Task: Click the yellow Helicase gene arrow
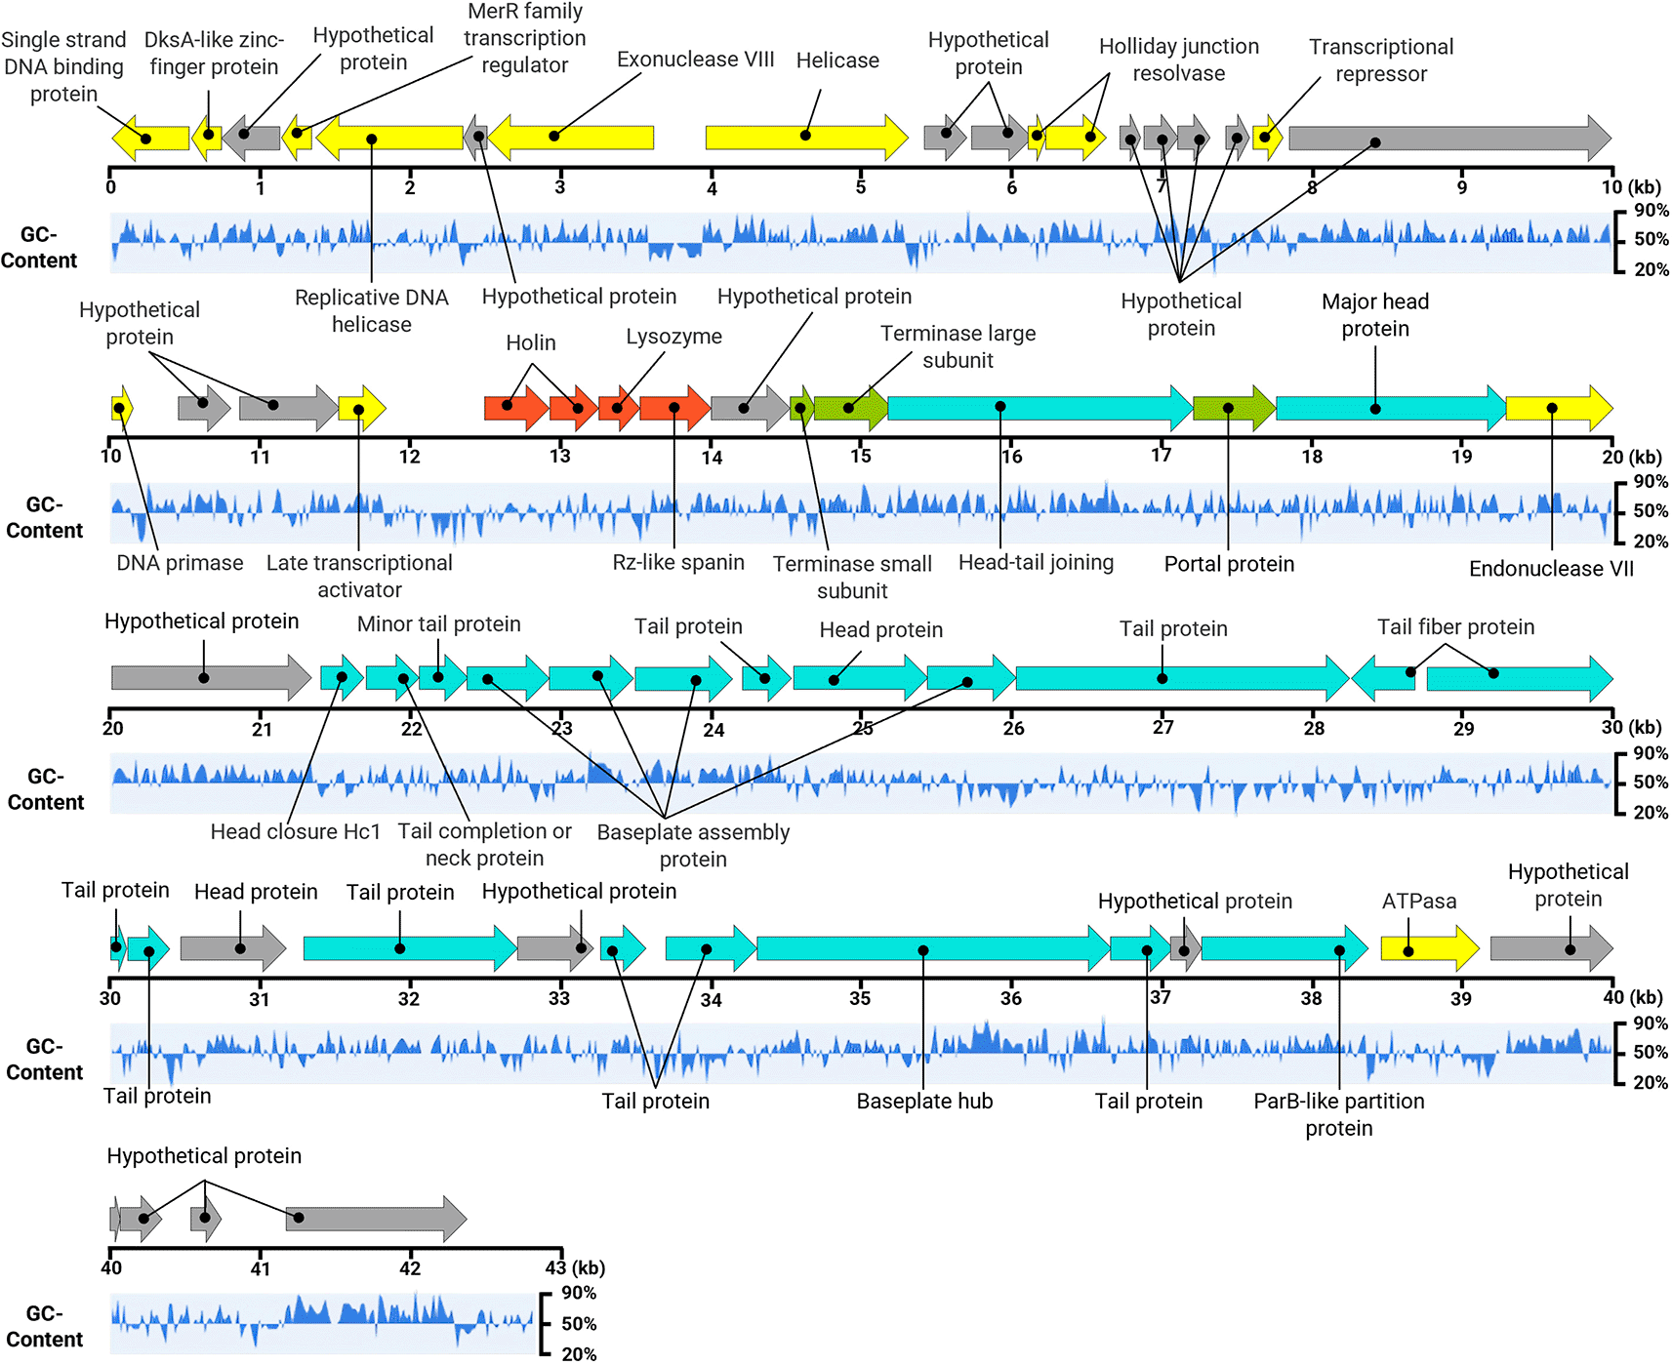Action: click(806, 137)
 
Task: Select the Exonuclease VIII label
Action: click(695, 60)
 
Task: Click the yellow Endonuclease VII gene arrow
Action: click(1559, 408)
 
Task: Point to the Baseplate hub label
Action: click(924, 1101)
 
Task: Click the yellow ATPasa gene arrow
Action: click(1430, 948)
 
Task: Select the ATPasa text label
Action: click(1418, 902)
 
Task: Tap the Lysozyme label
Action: click(673, 337)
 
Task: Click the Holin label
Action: click(531, 342)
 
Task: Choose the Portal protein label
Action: click(1229, 564)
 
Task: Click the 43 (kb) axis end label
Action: click(575, 1267)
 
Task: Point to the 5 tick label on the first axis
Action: click(861, 186)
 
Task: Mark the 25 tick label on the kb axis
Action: click(863, 728)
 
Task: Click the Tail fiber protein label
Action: click(1455, 627)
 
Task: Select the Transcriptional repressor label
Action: click(1381, 60)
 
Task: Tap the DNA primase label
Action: click(180, 563)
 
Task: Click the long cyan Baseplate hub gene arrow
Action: click(933, 948)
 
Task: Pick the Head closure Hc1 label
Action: click(295, 831)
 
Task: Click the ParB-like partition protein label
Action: click(1338, 1114)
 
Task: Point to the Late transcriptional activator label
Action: click(359, 576)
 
